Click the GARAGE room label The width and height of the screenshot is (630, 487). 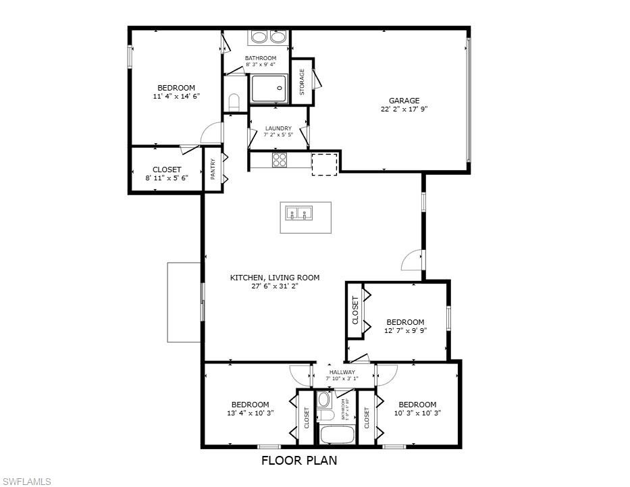pyautogui.click(x=404, y=101)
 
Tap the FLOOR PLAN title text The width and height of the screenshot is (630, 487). pyautogui.click(x=299, y=461)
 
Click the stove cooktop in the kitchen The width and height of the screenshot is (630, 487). pyautogui.click(x=280, y=160)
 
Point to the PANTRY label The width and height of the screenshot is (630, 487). pyautogui.click(x=213, y=169)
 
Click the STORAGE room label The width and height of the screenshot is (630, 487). pyautogui.click(x=302, y=82)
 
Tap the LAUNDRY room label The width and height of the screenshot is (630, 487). pyautogui.click(x=278, y=128)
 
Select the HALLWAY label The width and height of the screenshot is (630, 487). pyautogui.click(x=342, y=372)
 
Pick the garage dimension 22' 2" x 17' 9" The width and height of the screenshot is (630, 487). pyautogui.click(x=404, y=109)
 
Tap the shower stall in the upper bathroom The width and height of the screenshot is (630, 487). pyautogui.click(x=268, y=88)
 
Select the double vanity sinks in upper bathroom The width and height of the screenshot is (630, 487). pyautogui.click(x=268, y=37)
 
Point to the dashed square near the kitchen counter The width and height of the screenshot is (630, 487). pyautogui.click(x=324, y=164)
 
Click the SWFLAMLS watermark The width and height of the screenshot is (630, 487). pyautogui.click(x=26, y=481)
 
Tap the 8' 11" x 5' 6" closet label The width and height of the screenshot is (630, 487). pyautogui.click(x=166, y=178)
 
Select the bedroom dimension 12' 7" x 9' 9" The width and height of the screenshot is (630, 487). pyautogui.click(x=405, y=330)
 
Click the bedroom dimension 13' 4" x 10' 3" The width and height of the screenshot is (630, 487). pyautogui.click(x=250, y=413)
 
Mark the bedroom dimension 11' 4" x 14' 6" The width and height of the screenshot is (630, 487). pyautogui.click(x=176, y=96)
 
